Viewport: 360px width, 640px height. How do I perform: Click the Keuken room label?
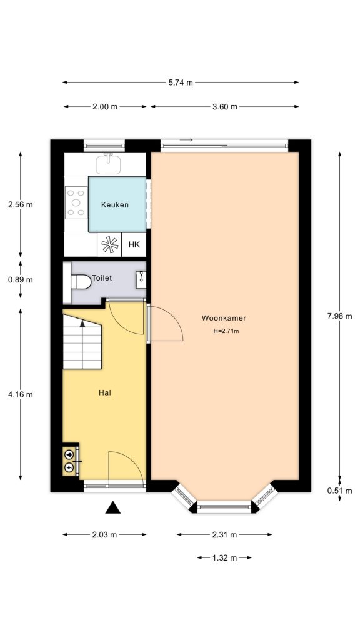pyautogui.click(x=115, y=204)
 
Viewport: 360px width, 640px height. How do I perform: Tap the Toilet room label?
pyautogui.click(x=102, y=277)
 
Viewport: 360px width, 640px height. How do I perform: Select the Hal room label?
pyautogui.click(x=104, y=393)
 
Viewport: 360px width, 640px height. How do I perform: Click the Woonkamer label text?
pyautogui.click(x=219, y=318)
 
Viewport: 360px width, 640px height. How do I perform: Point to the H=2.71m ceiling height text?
pyautogui.click(x=226, y=331)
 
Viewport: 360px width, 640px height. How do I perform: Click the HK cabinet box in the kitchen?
pyautogui.click(x=134, y=244)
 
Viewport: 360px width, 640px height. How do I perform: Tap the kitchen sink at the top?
pyautogui.click(x=109, y=164)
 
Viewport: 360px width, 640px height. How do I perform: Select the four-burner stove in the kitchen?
pyautogui.click(x=76, y=203)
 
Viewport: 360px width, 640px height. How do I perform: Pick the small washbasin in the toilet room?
pyautogui.click(x=142, y=275)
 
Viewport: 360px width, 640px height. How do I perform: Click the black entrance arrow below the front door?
pyautogui.click(x=112, y=507)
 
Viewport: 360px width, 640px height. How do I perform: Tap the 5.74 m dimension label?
pyautogui.click(x=181, y=82)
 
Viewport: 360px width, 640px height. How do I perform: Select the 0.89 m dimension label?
pyautogui.click(x=21, y=279)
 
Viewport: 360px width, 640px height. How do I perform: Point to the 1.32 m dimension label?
pyautogui.click(x=224, y=557)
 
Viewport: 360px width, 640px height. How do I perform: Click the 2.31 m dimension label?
pyautogui.click(x=224, y=534)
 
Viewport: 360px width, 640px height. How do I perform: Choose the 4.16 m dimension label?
pyautogui.click(x=21, y=394)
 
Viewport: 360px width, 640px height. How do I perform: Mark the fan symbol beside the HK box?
pyautogui.click(x=109, y=245)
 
